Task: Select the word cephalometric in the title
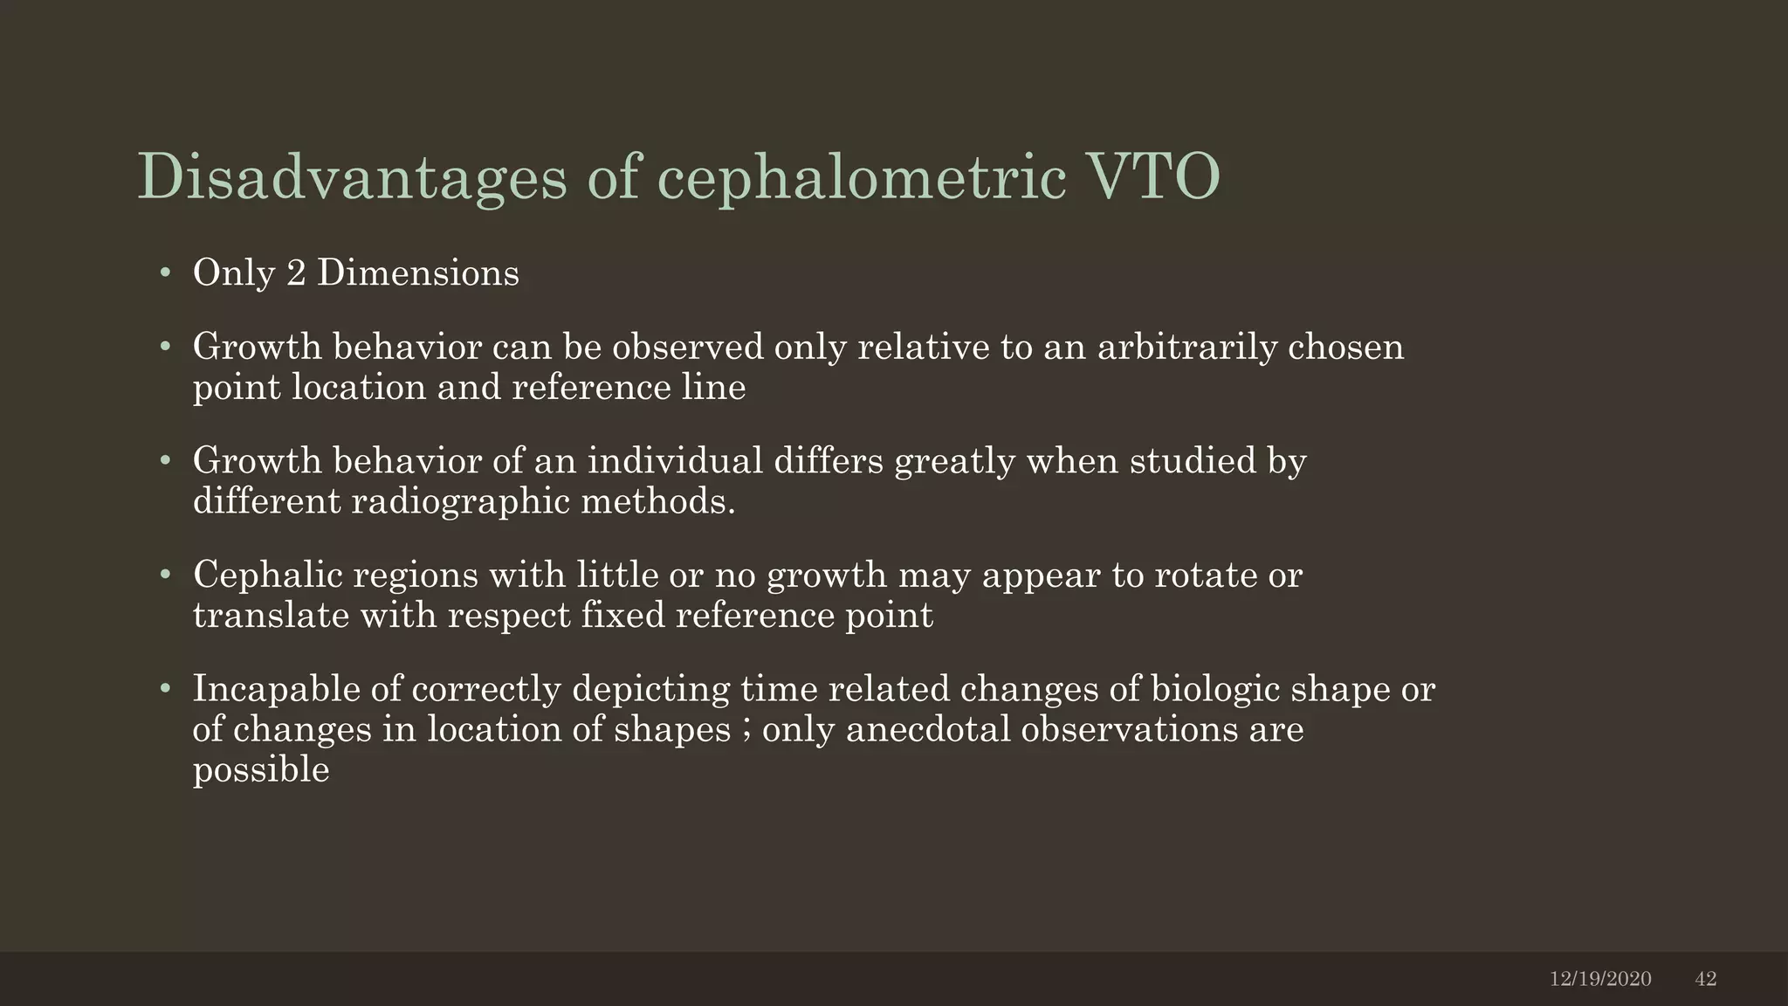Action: pos(861,178)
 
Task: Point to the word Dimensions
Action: pos(417,273)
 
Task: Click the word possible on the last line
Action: pos(261,770)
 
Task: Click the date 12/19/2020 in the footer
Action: pos(1600,979)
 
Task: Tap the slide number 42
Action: pos(1706,979)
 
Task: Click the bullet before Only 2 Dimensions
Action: pos(164,274)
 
